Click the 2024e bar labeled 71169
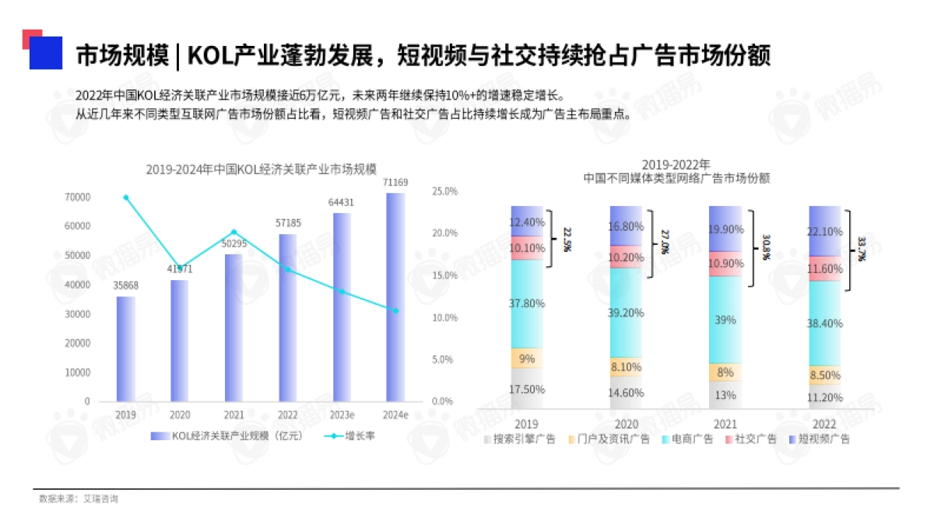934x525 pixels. coord(395,296)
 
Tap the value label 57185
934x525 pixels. coord(288,223)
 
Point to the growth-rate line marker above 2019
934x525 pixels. coord(126,198)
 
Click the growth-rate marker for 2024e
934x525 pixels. coord(395,310)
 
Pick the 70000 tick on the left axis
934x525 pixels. coord(77,198)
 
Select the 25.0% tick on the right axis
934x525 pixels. coord(444,191)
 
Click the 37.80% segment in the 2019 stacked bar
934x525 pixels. coord(527,303)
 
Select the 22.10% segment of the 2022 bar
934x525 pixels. coord(825,231)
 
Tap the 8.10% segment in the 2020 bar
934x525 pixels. coord(626,367)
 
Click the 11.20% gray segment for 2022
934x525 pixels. coord(825,397)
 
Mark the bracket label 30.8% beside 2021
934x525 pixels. coord(766,247)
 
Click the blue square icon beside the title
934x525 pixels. coord(45,53)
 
